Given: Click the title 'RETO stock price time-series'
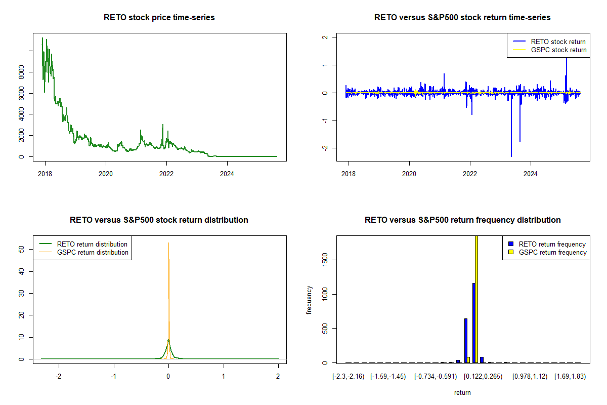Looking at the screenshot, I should click(x=159, y=17).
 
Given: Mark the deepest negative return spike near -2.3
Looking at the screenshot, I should click(x=511, y=156).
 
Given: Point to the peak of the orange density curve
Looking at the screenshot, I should click(x=169, y=259).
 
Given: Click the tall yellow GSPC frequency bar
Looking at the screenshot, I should click(x=476, y=299).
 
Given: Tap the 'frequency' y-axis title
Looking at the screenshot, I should click(x=309, y=300).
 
